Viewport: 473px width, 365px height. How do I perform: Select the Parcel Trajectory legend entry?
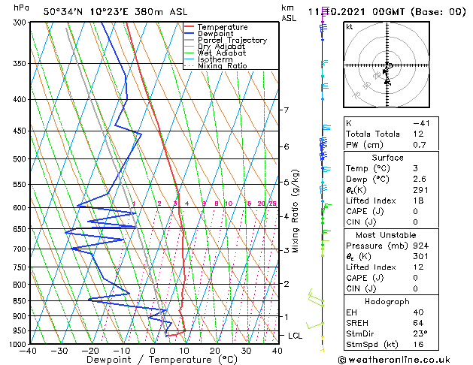pyautogui.click(x=232, y=41)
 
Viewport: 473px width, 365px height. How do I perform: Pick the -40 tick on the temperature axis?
pyautogui.click(x=29, y=351)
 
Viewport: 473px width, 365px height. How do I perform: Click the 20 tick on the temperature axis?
pyautogui.click(x=215, y=351)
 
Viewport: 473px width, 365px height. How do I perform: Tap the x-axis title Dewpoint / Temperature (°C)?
pyautogui.click(x=153, y=360)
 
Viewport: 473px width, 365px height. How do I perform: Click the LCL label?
pyautogui.click(x=296, y=335)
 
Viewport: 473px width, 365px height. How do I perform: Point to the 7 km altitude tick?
pyautogui.click(x=286, y=110)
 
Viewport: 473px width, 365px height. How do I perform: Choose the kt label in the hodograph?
pyautogui.click(x=350, y=27)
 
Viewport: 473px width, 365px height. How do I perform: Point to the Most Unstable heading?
pyautogui.click(x=387, y=235)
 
